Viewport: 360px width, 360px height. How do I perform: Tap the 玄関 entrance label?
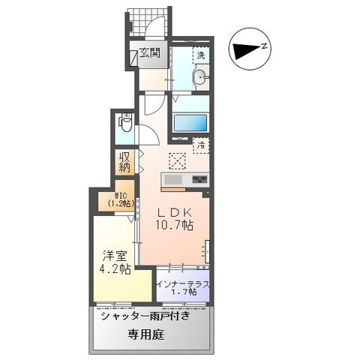point(149,53)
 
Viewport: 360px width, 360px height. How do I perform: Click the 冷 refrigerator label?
point(201,145)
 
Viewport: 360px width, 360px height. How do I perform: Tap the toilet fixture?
point(126,122)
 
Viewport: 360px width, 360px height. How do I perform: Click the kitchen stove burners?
point(200,179)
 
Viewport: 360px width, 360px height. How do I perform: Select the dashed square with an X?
point(177,159)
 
